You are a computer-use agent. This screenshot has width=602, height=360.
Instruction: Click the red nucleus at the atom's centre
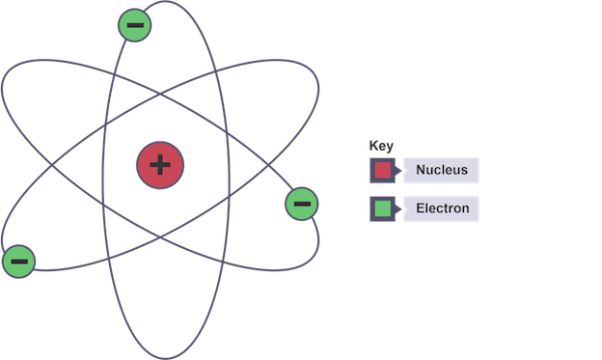pyautogui.click(x=160, y=165)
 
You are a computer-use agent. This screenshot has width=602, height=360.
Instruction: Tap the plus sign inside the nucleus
pyautogui.click(x=160, y=165)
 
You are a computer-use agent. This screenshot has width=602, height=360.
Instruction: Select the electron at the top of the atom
pyautogui.click(x=134, y=25)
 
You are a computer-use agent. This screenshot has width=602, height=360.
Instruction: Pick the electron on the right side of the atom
pyautogui.click(x=302, y=204)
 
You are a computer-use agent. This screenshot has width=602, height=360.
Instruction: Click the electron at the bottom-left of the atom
pyautogui.click(x=19, y=262)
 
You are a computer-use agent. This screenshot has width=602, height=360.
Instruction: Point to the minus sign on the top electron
pyautogui.click(x=135, y=25)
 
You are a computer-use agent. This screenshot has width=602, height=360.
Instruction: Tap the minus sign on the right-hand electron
pyautogui.click(x=302, y=204)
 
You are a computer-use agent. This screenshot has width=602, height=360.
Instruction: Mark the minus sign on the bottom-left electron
pyautogui.click(x=19, y=262)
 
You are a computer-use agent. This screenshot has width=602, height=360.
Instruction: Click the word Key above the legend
pyautogui.click(x=381, y=146)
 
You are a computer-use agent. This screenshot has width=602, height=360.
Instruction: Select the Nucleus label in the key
pyautogui.click(x=442, y=170)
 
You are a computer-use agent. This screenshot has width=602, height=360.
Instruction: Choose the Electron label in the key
pyautogui.click(x=443, y=208)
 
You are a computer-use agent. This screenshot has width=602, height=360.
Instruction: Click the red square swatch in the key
pyautogui.click(x=382, y=170)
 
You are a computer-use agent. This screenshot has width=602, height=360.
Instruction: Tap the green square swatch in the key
pyautogui.click(x=382, y=208)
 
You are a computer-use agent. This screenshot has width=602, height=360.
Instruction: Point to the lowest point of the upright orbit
pyautogui.click(x=166, y=359)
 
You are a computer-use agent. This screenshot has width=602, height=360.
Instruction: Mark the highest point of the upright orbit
pyautogui.click(x=166, y=1)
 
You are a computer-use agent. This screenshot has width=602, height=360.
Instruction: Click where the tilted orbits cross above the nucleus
pyautogui.click(x=160, y=94)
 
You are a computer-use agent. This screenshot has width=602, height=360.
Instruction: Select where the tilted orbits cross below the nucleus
pyautogui.click(x=160, y=237)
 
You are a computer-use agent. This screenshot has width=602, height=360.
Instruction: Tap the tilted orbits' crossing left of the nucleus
pyautogui.click(x=52, y=165)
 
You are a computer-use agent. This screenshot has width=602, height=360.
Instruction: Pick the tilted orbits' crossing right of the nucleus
pyautogui.click(x=268, y=165)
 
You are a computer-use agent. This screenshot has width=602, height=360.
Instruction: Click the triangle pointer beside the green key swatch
pyautogui.click(x=397, y=208)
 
